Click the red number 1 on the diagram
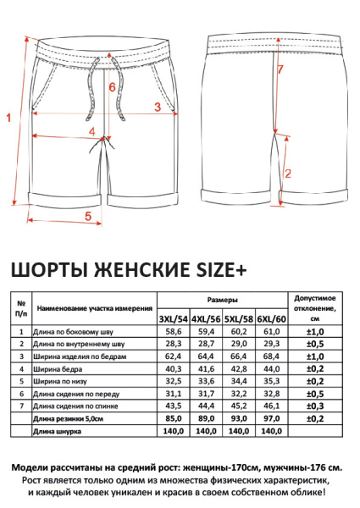(8, 119)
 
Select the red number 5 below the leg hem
(88, 216)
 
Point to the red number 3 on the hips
(157, 106)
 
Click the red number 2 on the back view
(288, 174)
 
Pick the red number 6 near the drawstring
(111, 86)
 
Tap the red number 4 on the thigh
(92, 130)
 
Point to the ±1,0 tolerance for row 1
(315, 333)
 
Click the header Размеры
(222, 301)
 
